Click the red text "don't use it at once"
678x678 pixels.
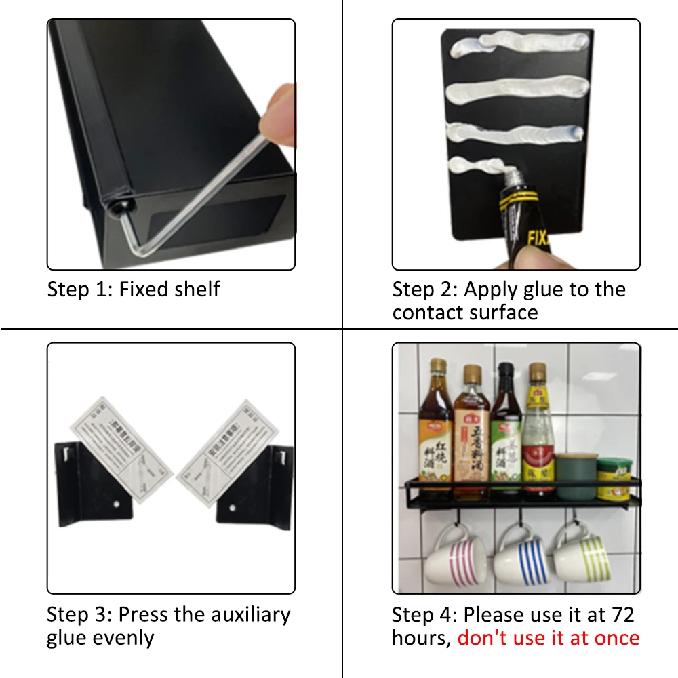549,638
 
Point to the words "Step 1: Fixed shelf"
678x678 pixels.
134,290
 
